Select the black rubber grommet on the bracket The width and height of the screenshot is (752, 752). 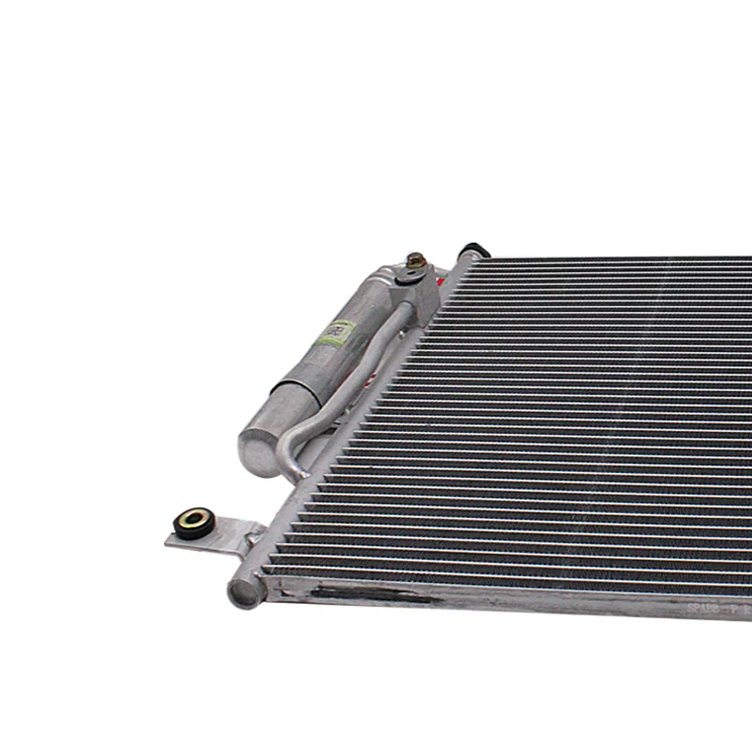tap(194, 520)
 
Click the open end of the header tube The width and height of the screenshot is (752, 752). tap(243, 593)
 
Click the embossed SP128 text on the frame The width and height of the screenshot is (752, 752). tap(703, 608)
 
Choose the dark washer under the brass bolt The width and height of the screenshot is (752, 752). tap(410, 274)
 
